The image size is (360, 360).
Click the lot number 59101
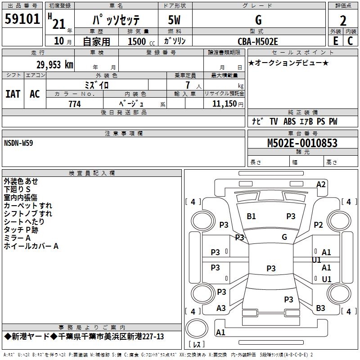click(x=22, y=20)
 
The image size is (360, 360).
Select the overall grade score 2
click(x=343, y=21)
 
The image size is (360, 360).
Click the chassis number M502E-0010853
click(x=302, y=143)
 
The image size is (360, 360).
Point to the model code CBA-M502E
click(x=258, y=41)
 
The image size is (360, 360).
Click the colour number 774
click(x=75, y=104)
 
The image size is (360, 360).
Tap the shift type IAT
click(x=13, y=94)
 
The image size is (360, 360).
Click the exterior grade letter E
click(x=335, y=41)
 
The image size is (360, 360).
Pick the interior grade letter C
click(x=350, y=41)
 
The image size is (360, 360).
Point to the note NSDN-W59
click(x=18, y=143)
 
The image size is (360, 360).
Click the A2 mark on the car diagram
click(x=321, y=184)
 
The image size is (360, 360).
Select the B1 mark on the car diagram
click(x=251, y=216)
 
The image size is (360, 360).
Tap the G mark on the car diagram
click(x=284, y=237)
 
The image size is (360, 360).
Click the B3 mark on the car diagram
click(x=320, y=308)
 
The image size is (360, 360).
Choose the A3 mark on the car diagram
click(x=221, y=308)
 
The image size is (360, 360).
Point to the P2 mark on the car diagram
click(x=319, y=225)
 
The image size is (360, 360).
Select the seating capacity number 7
click(x=187, y=85)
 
